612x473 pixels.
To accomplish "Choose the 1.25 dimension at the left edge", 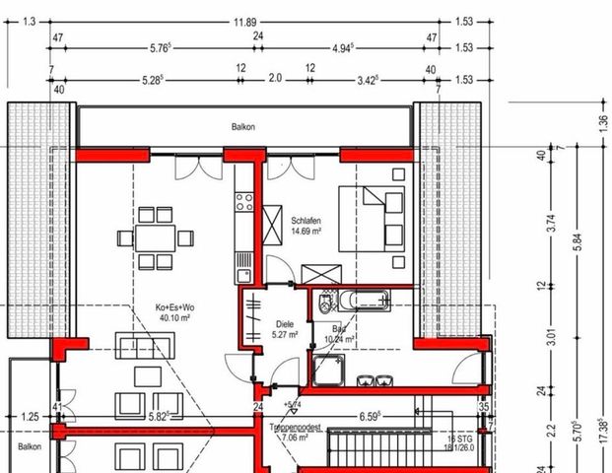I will tap(31, 417).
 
